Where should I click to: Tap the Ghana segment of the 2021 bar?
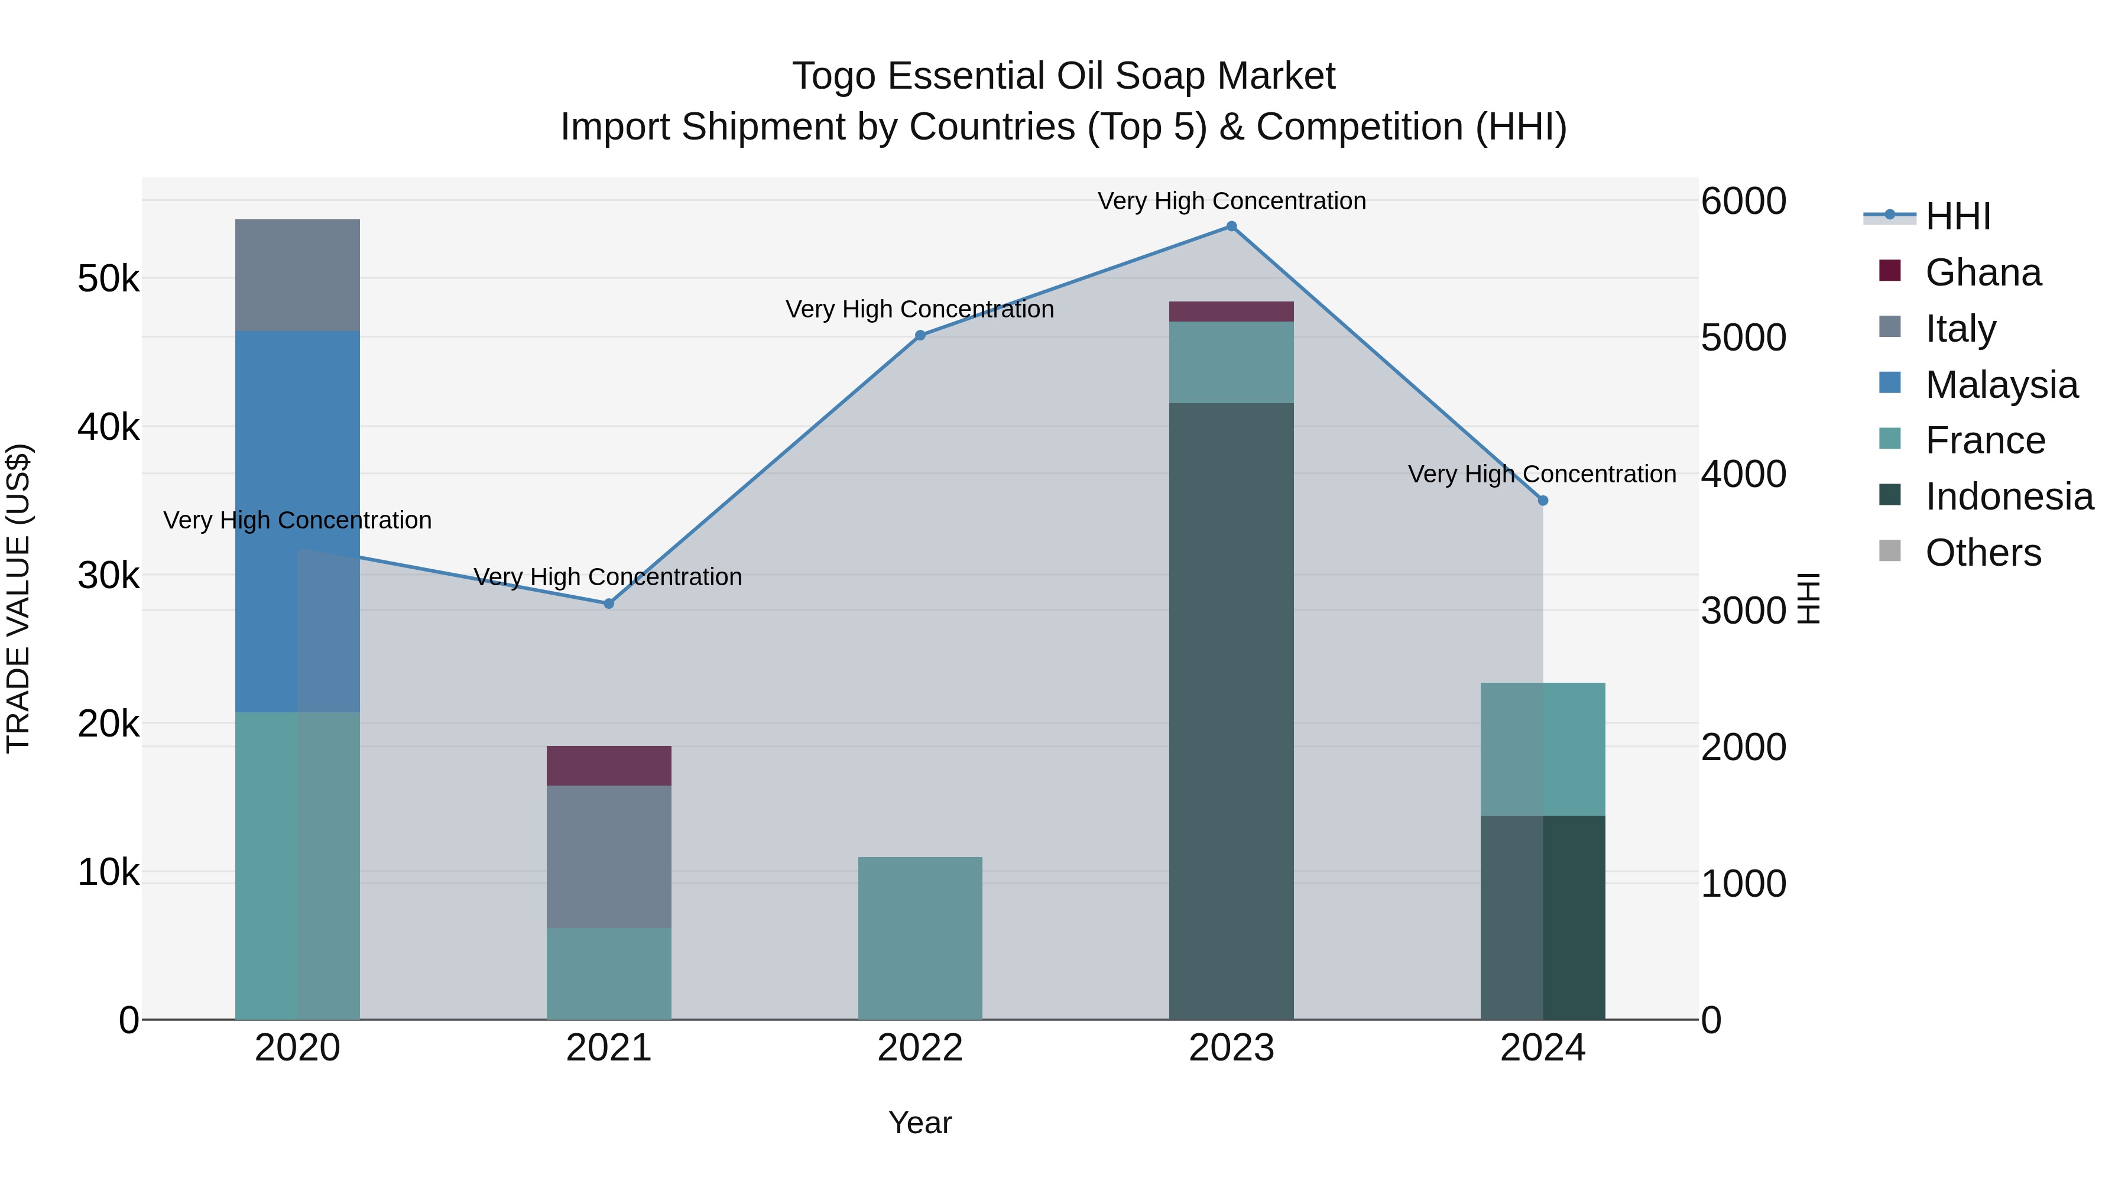click(609, 765)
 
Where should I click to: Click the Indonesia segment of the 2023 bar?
click(1231, 711)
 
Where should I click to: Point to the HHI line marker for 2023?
click(1231, 226)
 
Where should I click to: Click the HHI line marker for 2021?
click(609, 604)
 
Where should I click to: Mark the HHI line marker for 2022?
click(920, 335)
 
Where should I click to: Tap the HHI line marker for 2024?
click(1542, 501)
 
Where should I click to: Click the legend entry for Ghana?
click(1983, 273)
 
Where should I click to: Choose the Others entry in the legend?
click(1983, 553)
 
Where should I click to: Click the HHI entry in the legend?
click(1958, 216)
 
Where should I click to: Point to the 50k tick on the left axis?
click(108, 279)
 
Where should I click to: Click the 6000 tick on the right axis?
click(1743, 202)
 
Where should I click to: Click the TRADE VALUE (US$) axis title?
click(18, 598)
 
